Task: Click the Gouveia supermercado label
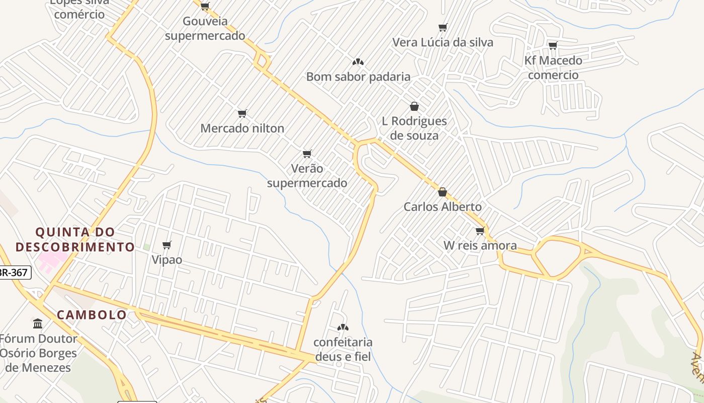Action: pyautogui.click(x=205, y=29)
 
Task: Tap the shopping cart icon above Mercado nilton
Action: pyautogui.click(x=242, y=113)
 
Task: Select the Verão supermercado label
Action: pyautogui.click(x=307, y=175)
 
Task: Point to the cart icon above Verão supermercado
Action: pyautogui.click(x=307, y=153)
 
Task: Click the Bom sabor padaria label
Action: pyautogui.click(x=358, y=77)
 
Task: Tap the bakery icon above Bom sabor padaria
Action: pyautogui.click(x=358, y=62)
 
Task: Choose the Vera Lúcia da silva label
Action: pyautogui.click(x=443, y=42)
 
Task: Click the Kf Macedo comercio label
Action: pyautogui.click(x=553, y=68)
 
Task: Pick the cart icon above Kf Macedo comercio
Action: pyautogui.click(x=553, y=45)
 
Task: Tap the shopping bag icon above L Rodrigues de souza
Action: pyautogui.click(x=414, y=106)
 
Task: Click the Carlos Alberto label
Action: pyautogui.click(x=443, y=207)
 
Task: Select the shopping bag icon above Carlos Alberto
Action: pyautogui.click(x=443, y=192)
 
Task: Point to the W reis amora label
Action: pyautogui.click(x=480, y=246)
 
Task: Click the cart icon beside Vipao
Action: pyautogui.click(x=167, y=245)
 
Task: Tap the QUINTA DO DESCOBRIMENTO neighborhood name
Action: pyautogui.click(x=75, y=239)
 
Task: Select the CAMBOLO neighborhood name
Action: pyautogui.click(x=92, y=315)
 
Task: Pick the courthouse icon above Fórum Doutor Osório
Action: pyautogui.click(x=38, y=323)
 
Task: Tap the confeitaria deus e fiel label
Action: pyautogui.click(x=343, y=349)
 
